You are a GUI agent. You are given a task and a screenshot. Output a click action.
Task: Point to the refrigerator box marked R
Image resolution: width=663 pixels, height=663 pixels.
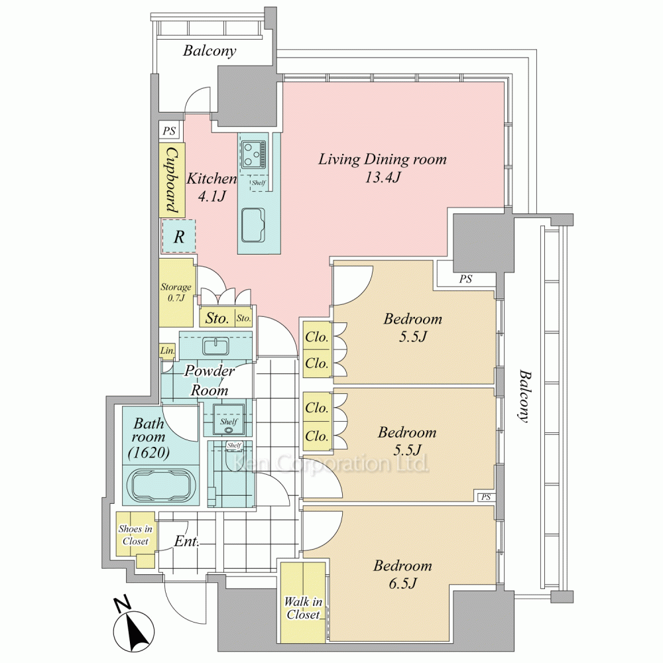[179, 237]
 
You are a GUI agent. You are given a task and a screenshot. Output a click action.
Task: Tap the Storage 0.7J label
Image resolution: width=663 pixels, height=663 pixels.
[176, 292]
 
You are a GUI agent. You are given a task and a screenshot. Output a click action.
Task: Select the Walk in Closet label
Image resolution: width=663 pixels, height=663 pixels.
[303, 608]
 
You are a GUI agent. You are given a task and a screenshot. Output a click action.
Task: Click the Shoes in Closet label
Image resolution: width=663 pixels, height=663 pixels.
[135, 535]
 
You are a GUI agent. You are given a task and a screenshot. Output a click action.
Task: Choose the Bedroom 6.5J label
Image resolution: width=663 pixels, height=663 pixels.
[402, 574]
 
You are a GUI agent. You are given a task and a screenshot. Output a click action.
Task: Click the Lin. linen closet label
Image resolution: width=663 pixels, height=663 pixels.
[167, 350]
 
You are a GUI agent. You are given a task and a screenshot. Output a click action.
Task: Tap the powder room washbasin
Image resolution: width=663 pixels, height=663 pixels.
[216, 347]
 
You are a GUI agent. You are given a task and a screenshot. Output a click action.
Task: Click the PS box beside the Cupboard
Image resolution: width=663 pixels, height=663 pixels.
[169, 131]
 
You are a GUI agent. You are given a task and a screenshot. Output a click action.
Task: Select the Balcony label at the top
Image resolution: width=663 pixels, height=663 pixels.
[210, 51]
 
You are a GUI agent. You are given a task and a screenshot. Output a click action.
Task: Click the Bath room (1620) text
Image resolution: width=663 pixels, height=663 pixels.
[151, 438]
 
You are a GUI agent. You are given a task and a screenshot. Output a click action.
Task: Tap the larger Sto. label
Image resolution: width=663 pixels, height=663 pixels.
[217, 318]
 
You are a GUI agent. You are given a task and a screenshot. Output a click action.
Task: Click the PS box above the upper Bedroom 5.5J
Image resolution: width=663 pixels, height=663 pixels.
[465, 279]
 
